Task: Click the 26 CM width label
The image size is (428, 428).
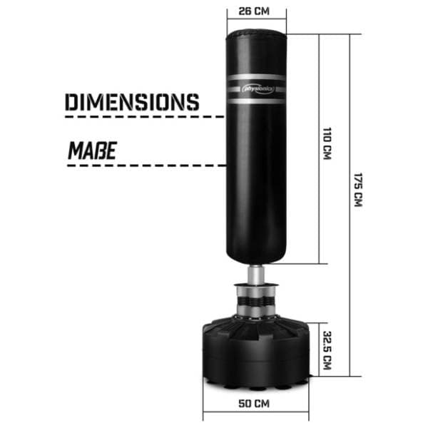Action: coord(254,11)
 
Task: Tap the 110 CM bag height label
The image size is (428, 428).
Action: coord(327,143)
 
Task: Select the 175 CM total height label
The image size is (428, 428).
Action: coord(358,190)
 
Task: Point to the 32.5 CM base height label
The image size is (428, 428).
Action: coord(327,350)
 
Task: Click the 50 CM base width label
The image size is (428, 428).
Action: coord(254,404)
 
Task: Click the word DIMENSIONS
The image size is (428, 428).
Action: coord(132,102)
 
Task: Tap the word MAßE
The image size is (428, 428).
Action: coord(92,151)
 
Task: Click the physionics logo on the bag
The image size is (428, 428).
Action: coord(258,88)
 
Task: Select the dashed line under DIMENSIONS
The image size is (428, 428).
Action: coord(144,116)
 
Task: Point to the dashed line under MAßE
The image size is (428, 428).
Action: coord(146,165)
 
